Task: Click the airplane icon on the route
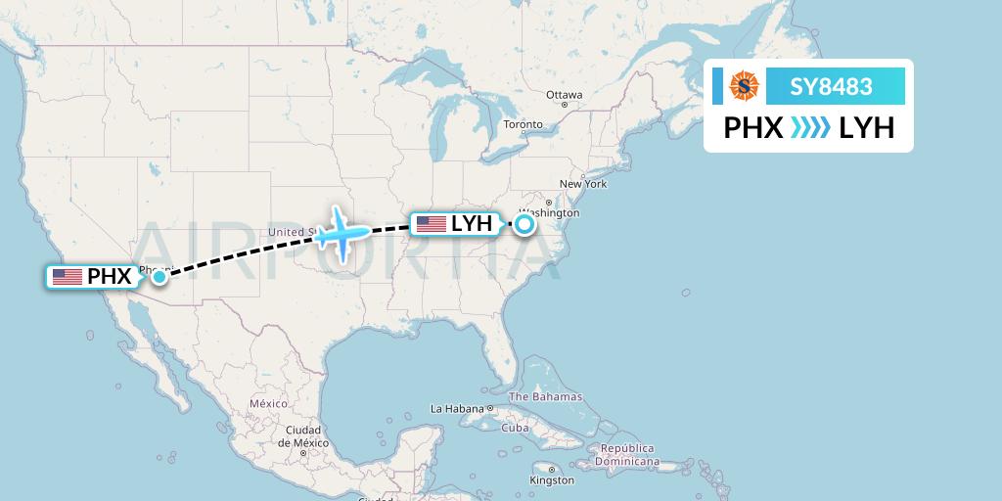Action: [x=342, y=232]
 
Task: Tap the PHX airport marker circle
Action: [x=159, y=277]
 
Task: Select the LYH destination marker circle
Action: [x=524, y=224]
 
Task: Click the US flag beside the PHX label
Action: [x=68, y=277]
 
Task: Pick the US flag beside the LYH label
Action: [x=432, y=224]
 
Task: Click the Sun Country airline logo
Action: [x=745, y=87]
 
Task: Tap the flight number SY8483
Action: [x=832, y=87]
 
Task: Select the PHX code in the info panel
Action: [x=752, y=128]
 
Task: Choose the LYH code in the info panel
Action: [x=867, y=128]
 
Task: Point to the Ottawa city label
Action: [x=565, y=95]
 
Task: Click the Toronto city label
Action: [x=523, y=125]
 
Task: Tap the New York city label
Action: [x=583, y=184]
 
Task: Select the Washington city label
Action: [x=554, y=213]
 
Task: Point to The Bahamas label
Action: [x=545, y=397]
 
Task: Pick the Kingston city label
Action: [x=553, y=480]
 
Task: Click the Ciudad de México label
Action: [x=302, y=436]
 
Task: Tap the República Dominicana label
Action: [x=627, y=455]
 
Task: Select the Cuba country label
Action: [x=515, y=428]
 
